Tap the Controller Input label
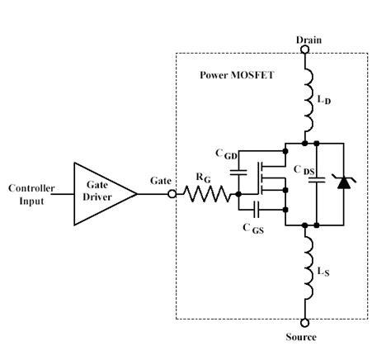31,194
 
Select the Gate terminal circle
172,195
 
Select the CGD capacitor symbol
239,173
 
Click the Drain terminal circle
305,50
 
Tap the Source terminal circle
305,323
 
